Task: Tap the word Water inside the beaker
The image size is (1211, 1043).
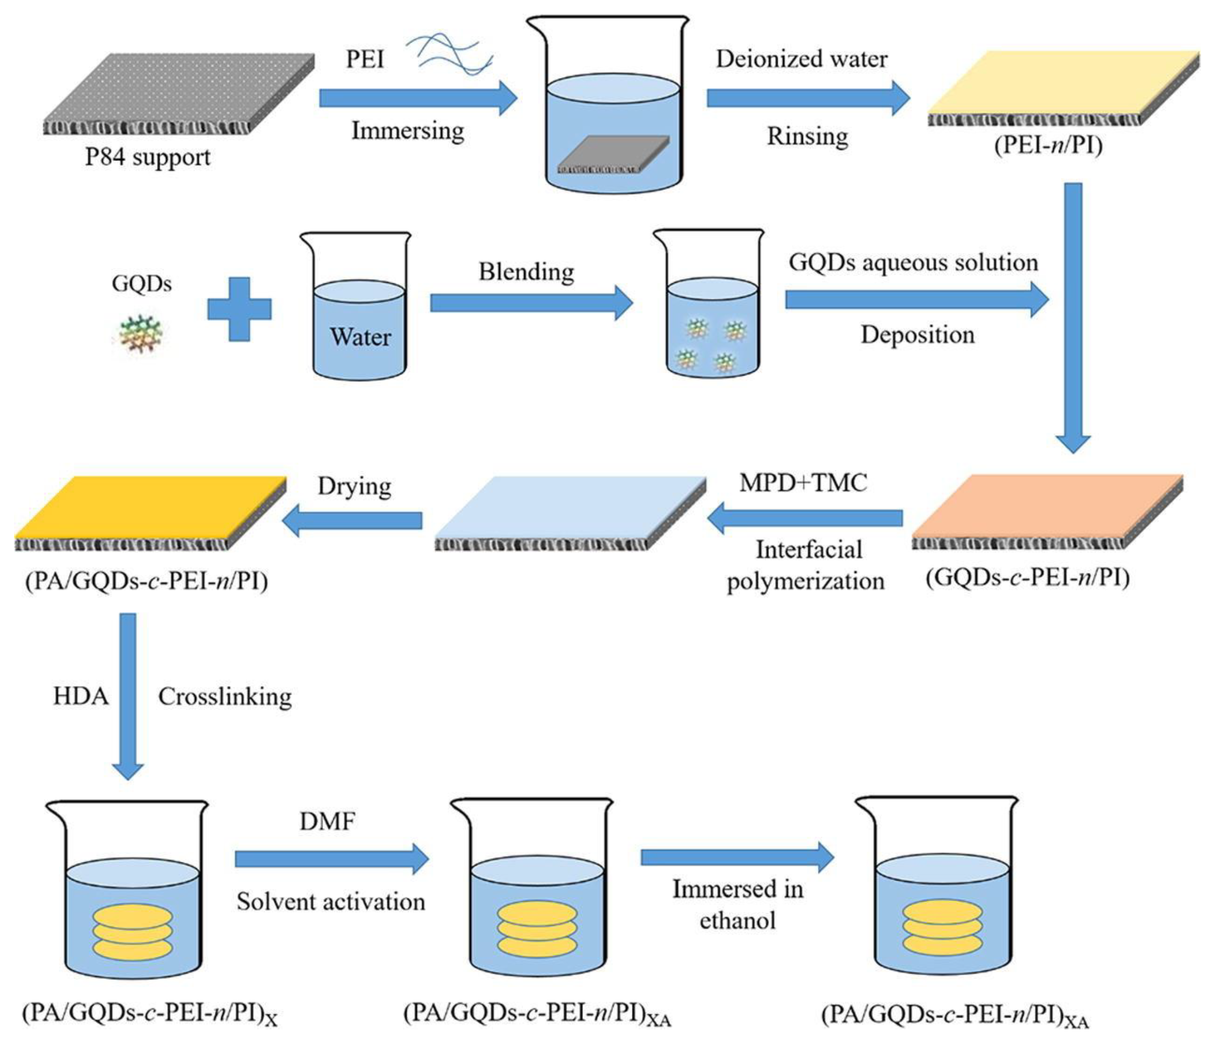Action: [x=360, y=337]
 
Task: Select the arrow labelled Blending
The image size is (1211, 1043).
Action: [x=531, y=303]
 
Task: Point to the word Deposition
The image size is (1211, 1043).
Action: [x=918, y=335]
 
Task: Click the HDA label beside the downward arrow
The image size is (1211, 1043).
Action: [x=81, y=696]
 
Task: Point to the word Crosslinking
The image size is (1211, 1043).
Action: [x=225, y=696]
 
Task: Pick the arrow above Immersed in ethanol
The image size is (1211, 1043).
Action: [x=737, y=858]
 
